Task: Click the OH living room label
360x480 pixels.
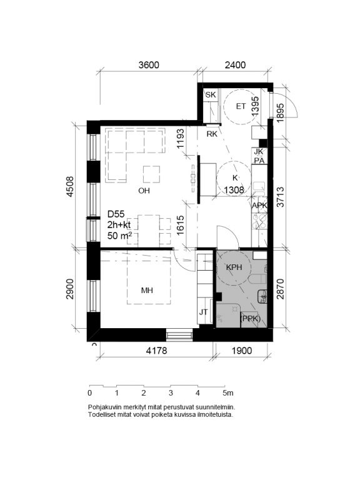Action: click(x=144, y=191)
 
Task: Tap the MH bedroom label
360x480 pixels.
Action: click(x=147, y=290)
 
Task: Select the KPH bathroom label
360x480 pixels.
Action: click(x=234, y=267)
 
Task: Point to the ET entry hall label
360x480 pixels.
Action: click(x=241, y=106)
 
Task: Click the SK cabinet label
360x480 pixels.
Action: click(x=211, y=95)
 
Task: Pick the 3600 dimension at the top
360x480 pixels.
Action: click(x=149, y=65)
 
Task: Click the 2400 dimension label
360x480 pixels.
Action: click(x=235, y=65)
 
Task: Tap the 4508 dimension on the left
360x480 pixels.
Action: click(x=70, y=186)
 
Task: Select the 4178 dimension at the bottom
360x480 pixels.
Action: click(x=156, y=351)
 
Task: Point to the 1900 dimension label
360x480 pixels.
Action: click(x=242, y=351)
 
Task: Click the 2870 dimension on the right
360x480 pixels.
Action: click(x=280, y=289)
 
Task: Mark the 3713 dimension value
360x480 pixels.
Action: click(x=280, y=197)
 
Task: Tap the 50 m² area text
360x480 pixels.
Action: click(x=120, y=236)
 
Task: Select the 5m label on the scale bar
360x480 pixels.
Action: click(x=228, y=392)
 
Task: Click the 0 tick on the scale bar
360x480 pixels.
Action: click(x=90, y=392)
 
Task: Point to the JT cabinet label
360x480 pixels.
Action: click(x=203, y=312)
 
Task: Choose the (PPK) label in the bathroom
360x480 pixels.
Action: click(x=251, y=319)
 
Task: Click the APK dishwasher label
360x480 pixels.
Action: click(x=259, y=206)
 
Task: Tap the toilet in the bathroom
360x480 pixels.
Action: click(x=257, y=279)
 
